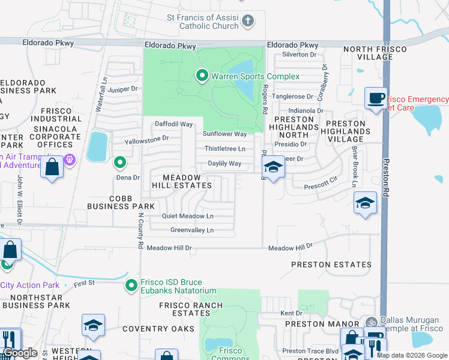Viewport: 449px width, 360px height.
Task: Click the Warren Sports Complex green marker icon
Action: tap(202, 76)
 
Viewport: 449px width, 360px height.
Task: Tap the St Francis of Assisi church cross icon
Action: tap(247, 22)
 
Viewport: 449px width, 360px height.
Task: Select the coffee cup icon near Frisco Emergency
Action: tap(376, 97)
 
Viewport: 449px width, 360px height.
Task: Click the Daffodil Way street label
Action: tap(174, 124)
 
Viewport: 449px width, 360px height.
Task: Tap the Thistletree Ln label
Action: tap(225, 148)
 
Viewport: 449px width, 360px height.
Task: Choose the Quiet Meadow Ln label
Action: tap(187, 216)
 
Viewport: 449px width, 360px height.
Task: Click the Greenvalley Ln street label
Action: tap(192, 230)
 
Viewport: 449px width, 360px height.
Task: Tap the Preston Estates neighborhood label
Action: tap(331, 264)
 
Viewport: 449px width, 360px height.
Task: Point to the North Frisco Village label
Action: tap(367, 53)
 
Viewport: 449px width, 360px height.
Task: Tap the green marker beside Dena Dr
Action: tap(120, 162)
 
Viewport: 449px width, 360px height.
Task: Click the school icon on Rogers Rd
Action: tap(273, 167)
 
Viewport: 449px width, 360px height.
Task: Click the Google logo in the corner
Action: tap(20, 353)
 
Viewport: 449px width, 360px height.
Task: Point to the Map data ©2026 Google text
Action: tap(412, 355)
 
